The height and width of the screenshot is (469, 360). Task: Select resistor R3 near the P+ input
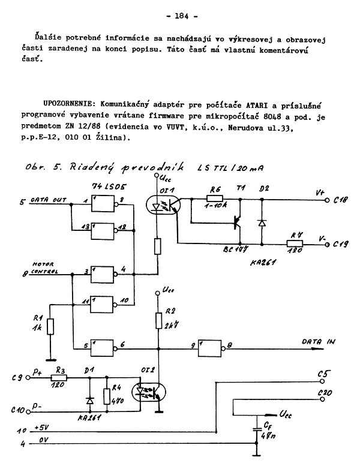pyautogui.click(x=58, y=378)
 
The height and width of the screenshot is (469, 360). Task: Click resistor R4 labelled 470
pyautogui.click(x=107, y=396)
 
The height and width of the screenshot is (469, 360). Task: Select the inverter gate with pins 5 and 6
pyautogui.click(x=103, y=347)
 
